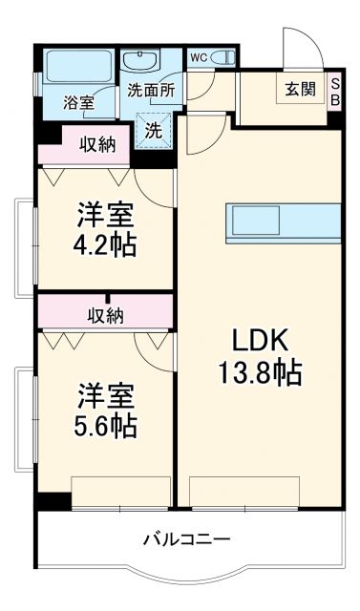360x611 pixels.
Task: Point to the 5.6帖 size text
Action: [106, 423]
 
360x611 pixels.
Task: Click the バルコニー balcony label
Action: [186, 540]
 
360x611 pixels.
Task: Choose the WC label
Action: [198, 57]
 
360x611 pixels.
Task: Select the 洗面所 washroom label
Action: [151, 92]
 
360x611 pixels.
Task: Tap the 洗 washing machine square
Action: [153, 131]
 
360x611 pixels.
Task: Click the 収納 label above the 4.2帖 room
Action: [97, 145]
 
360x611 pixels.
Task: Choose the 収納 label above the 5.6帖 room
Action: [106, 315]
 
